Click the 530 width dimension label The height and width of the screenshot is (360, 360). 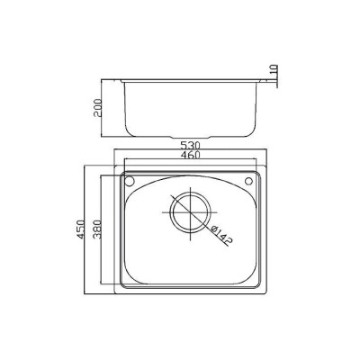pyautogui.click(x=190, y=146)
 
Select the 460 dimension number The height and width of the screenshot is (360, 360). pyautogui.click(x=190, y=155)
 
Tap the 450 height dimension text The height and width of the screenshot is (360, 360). pyautogui.click(x=80, y=229)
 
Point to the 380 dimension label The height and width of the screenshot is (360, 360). pyautogui.click(x=97, y=229)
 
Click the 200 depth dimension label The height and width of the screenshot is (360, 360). pyautogui.click(x=98, y=108)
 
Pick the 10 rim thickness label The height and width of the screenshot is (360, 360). pyautogui.click(x=274, y=70)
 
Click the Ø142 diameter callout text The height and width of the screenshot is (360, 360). pyautogui.click(x=221, y=235)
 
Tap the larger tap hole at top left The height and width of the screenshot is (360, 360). pyautogui.click(x=130, y=181)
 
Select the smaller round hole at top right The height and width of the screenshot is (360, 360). pyautogui.click(x=248, y=181)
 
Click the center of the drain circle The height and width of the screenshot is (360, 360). pyautogui.click(x=191, y=212)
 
